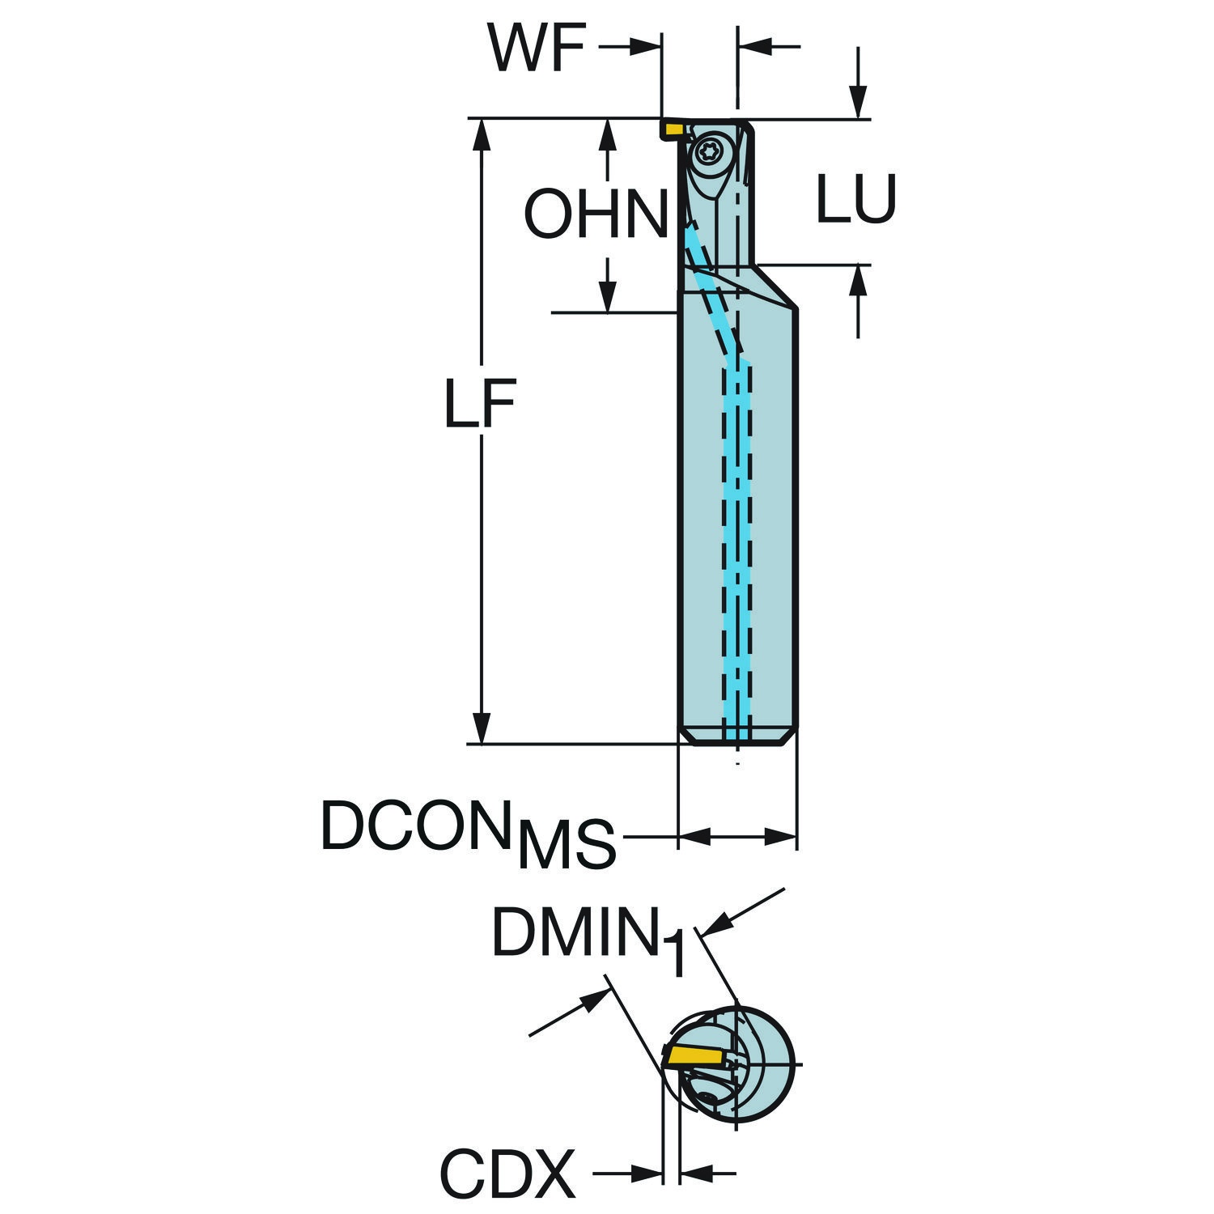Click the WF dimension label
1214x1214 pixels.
click(x=536, y=49)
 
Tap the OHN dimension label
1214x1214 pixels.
click(x=596, y=214)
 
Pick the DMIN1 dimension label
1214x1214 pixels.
click(x=589, y=943)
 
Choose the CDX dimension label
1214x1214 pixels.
click(x=507, y=1173)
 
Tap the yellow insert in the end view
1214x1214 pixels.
click(x=696, y=1055)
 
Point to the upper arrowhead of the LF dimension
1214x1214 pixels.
click(x=482, y=134)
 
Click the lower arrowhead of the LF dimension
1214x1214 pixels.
click(x=482, y=728)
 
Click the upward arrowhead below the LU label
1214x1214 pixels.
click(x=858, y=281)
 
